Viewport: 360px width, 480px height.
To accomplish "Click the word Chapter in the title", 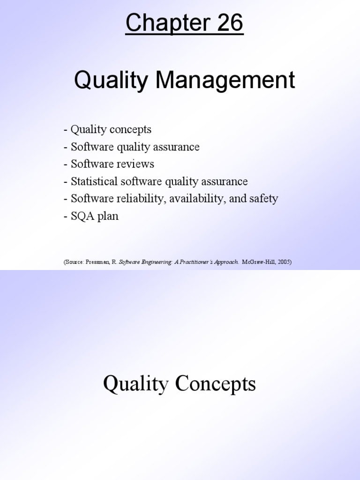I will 165,23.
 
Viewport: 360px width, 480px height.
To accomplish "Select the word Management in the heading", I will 225,80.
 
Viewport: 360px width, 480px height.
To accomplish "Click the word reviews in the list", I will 136,164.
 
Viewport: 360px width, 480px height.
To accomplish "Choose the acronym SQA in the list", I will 82,216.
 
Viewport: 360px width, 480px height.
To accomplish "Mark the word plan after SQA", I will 108,217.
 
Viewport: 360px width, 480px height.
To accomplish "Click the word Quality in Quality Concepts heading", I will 135,384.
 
